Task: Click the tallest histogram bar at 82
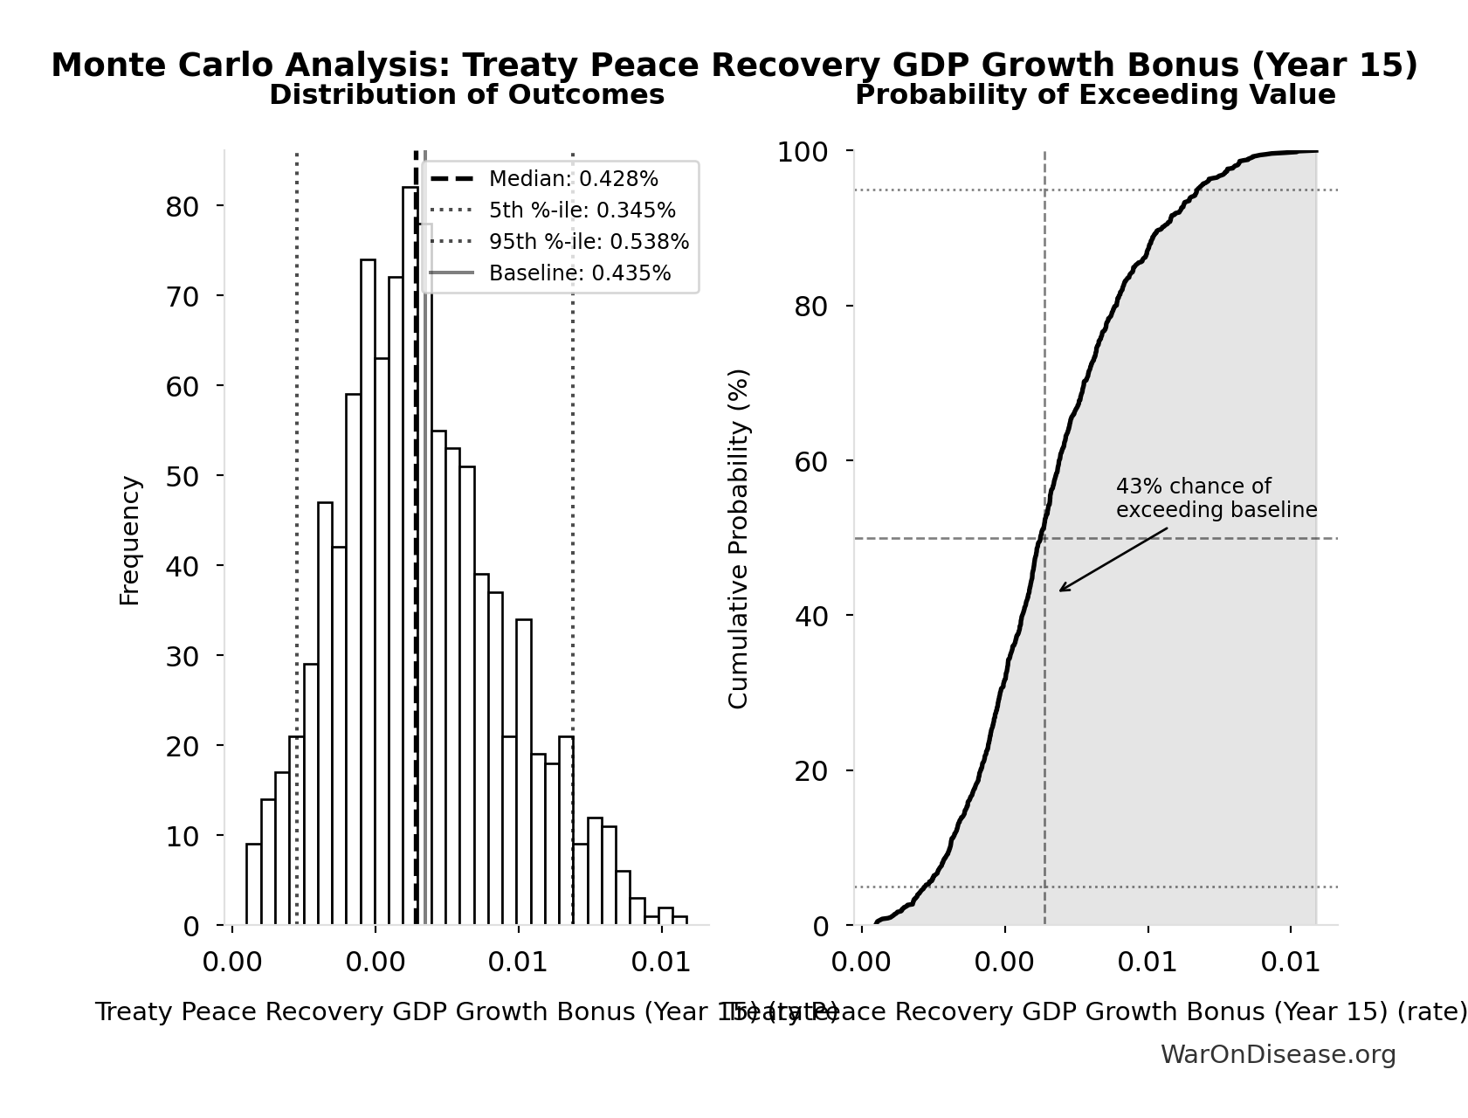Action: tap(410, 559)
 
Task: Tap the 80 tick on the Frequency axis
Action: tap(183, 207)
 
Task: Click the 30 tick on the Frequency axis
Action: tap(183, 656)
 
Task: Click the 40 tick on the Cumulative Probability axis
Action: tap(811, 617)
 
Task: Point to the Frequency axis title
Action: tap(129, 540)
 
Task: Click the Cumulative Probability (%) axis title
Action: tap(738, 538)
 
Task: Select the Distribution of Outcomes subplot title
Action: tap(466, 95)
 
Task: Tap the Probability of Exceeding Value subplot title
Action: tap(1094, 95)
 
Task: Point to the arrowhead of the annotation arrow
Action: tap(1061, 590)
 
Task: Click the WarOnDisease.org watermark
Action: tap(1278, 1054)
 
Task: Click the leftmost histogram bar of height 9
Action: tap(253, 884)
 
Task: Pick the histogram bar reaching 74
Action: tap(368, 594)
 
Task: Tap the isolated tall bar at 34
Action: tap(524, 773)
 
